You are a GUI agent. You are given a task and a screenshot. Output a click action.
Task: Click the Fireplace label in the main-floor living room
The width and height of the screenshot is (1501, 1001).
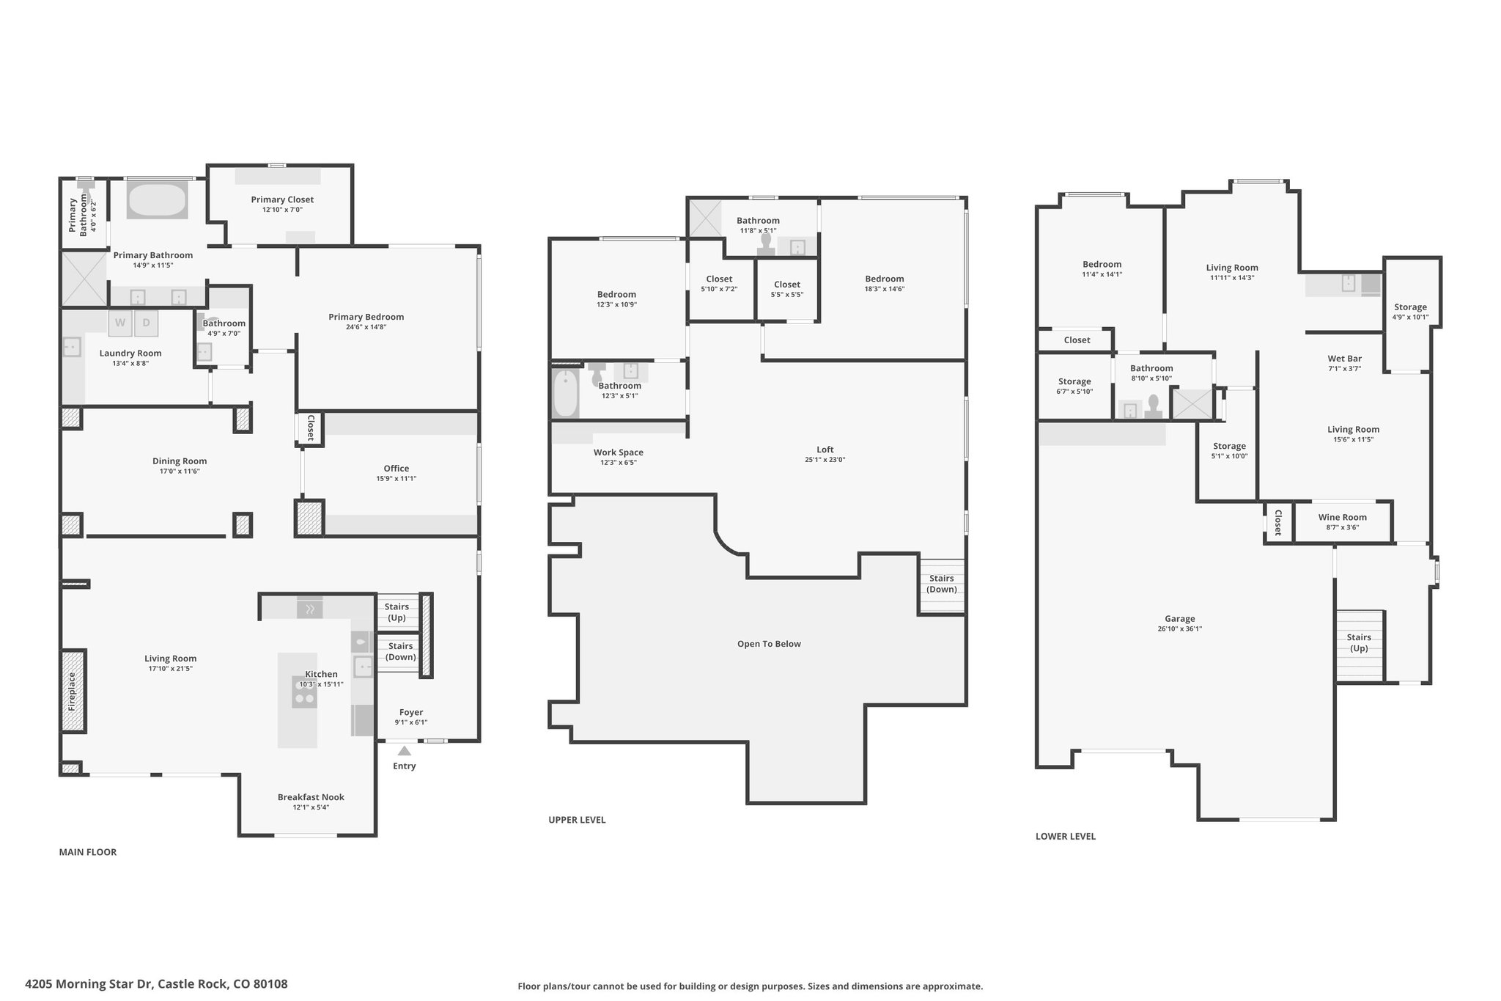tap(72, 692)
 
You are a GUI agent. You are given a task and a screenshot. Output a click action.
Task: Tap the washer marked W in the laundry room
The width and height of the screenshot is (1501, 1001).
tap(120, 323)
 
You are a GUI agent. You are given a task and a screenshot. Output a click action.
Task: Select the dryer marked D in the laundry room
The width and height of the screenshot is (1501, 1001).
tap(147, 323)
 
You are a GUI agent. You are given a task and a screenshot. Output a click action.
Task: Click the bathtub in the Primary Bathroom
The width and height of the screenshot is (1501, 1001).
tap(157, 200)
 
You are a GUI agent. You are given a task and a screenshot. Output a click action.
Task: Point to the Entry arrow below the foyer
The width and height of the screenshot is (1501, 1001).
tap(404, 750)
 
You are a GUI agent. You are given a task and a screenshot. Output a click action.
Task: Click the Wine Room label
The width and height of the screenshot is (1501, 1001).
tap(1342, 517)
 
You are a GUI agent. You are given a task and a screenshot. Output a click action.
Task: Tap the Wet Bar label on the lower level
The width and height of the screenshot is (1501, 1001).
tap(1345, 359)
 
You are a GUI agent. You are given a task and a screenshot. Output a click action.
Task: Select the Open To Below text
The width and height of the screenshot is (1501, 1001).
tap(769, 644)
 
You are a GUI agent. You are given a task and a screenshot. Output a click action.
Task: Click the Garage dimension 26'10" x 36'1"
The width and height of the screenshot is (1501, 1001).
tap(1179, 628)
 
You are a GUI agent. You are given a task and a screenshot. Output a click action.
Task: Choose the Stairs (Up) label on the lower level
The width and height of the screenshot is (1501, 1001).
tap(1359, 642)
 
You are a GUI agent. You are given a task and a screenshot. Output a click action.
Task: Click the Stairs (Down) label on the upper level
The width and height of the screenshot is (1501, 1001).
tap(942, 584)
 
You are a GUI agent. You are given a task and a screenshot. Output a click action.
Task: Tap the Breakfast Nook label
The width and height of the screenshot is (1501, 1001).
tap(311, 797)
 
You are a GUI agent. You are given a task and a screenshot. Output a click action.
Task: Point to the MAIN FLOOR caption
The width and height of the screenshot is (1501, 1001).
tap(88, 852)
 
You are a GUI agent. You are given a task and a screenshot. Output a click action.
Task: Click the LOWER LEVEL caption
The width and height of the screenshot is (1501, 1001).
tap(1066, 836)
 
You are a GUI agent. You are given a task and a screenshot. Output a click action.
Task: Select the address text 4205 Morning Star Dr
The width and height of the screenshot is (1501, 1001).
tap(89, 984)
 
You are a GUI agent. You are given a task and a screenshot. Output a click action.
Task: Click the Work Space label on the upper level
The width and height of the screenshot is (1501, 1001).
tap(619, 452)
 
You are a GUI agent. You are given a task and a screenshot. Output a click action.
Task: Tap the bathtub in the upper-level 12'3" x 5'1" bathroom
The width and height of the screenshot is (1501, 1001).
tap(565, 393)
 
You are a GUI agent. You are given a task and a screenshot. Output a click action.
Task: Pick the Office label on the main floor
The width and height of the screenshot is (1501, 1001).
tap(397, 468)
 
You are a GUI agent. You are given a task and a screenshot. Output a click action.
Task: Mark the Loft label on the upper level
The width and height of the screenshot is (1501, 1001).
tap(825, 450)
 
